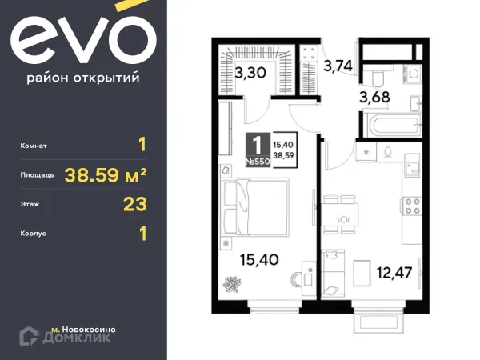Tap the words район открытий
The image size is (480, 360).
[82, 78]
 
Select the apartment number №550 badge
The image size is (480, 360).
[257, 161]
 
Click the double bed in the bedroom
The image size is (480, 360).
[254, 205]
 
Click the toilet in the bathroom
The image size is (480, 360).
[377, 75]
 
